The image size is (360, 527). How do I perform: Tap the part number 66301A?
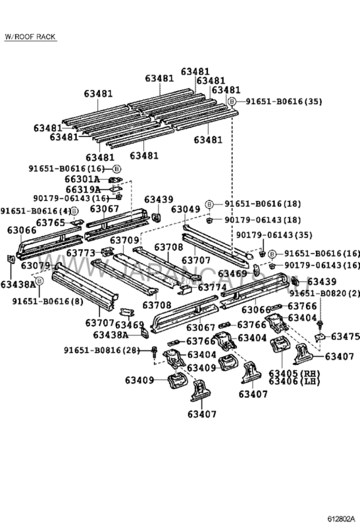pyautogui.click(x=82, y=179)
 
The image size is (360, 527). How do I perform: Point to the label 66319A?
pyautogui.click(x=82, y=189)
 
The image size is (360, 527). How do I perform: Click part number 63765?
pyautogui.click(x=51, y=223)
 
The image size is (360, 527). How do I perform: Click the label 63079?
pyautogui.click(x=36, y=265)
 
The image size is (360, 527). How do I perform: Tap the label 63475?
pyautogui.click(x=345, y=336)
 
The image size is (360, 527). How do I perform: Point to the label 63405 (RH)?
pyautogui.click(x=291, y=374)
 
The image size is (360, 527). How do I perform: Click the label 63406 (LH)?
pyautogui.click(x=291, y=382)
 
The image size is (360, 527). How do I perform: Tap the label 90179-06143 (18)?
pyautogui.click(x=257, y=219)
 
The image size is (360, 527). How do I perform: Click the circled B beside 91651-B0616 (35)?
pyautogui.click(x=231, y=101)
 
